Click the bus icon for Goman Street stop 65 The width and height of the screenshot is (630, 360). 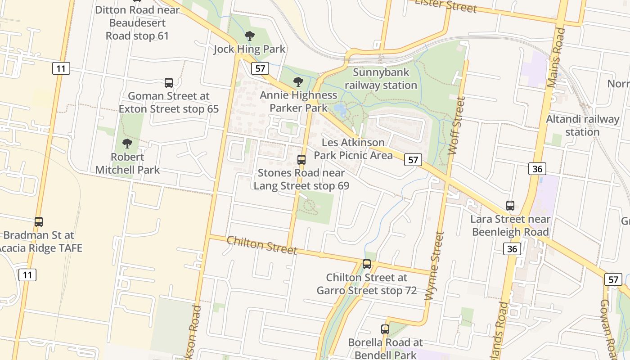[169, 82]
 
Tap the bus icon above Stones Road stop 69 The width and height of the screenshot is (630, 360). [301, 159]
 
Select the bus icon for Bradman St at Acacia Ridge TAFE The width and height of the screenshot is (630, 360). [39, 221]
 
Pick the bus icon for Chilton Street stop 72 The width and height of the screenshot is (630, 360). [367, 264]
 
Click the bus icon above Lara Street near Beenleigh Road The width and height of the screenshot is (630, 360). [510, 206]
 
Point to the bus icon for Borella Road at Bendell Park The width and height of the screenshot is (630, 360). [385, 329]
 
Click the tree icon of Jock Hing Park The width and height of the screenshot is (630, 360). [249, 36]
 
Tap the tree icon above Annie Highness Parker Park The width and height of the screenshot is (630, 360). [298, 82]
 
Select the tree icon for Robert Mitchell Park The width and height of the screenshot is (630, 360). [127, 144]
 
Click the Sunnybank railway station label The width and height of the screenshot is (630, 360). [381, 79]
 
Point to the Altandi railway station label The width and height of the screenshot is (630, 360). [582, 126]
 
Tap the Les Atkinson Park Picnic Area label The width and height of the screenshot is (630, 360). [353, 149]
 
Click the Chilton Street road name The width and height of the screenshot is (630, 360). [261, 245]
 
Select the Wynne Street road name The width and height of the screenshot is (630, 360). [434, 265]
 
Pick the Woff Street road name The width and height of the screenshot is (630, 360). [455, 126]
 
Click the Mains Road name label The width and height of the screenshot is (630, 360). [555, 52]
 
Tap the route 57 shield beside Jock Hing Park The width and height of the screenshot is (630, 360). [261, 68]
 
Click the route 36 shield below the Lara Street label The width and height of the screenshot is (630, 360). [513, 249]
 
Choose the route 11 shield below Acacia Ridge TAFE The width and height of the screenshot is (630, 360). [27, 274]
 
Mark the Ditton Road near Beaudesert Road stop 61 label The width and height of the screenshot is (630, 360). [137, 22]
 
